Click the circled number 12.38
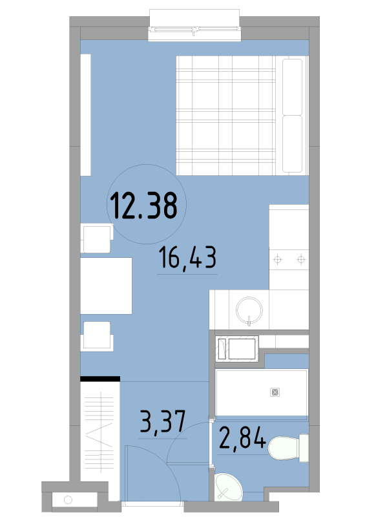pos(144,206)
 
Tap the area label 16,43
pos(187,258)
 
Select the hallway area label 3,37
pos(163,421)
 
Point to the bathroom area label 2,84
pos(242,438)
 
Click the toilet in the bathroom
pos(288,448)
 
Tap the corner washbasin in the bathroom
pos(227,487)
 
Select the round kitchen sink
pos(249,310)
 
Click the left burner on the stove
pos(278,260)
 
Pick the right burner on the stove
pos(300,260)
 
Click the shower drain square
pos(275,392)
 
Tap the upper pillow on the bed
pos(292,87)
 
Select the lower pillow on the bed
pos(292,143)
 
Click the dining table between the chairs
pos(106,286)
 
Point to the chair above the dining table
pos(97,238)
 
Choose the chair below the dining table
pos(97,335)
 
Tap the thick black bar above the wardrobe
pos(100,379)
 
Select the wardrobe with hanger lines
pos(100,439)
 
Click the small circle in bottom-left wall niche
pos(68,500)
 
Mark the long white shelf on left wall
pos(86,115)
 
